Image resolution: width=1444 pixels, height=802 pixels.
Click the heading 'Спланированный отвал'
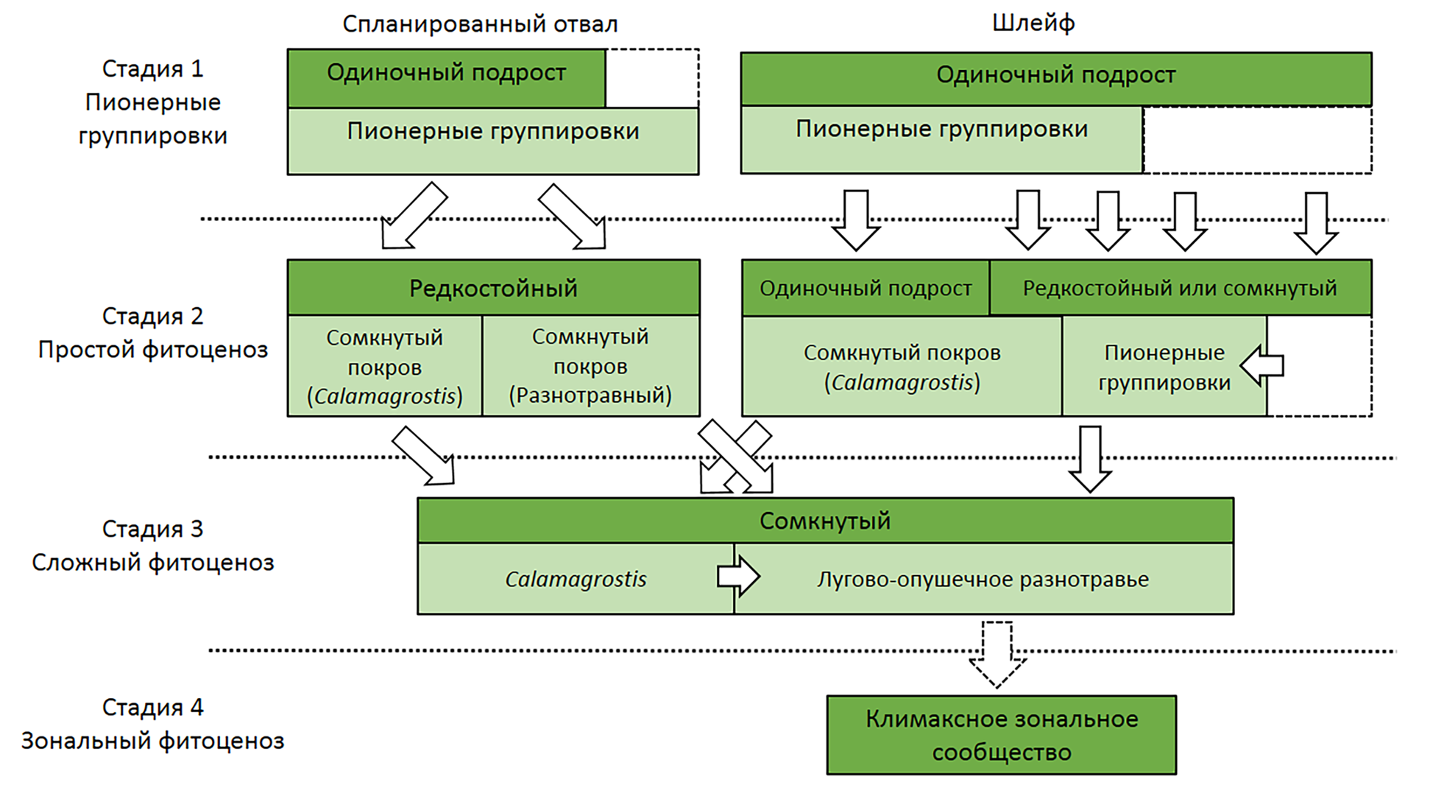480,24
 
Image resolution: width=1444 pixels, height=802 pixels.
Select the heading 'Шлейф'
1033,23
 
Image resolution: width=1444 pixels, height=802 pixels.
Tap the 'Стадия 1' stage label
152,68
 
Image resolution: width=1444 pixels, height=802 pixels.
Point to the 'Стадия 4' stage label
152,707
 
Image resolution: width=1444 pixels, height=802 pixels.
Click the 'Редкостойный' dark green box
493,288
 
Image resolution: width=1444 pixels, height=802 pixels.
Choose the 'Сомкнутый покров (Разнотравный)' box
590,366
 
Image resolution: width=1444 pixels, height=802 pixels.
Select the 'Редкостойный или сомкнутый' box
1180,288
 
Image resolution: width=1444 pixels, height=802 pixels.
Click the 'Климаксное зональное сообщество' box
1001,735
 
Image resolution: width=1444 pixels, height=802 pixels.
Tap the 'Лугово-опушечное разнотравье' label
983,580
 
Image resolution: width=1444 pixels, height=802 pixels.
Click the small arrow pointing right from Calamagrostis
738,576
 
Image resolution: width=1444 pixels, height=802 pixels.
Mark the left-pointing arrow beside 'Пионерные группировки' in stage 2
1262,365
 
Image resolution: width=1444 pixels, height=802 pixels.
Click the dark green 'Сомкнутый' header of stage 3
824,521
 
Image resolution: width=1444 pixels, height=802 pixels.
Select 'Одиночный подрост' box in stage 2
866,288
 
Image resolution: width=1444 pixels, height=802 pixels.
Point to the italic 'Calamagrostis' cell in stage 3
576,580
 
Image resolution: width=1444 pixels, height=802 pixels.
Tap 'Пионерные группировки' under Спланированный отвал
493,132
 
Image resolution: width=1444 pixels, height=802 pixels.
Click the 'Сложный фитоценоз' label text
152,563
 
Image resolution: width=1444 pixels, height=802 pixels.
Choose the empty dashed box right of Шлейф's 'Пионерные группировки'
1257,141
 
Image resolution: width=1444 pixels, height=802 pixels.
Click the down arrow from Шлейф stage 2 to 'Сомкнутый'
1090,458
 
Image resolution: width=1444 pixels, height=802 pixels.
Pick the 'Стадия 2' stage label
152,316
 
